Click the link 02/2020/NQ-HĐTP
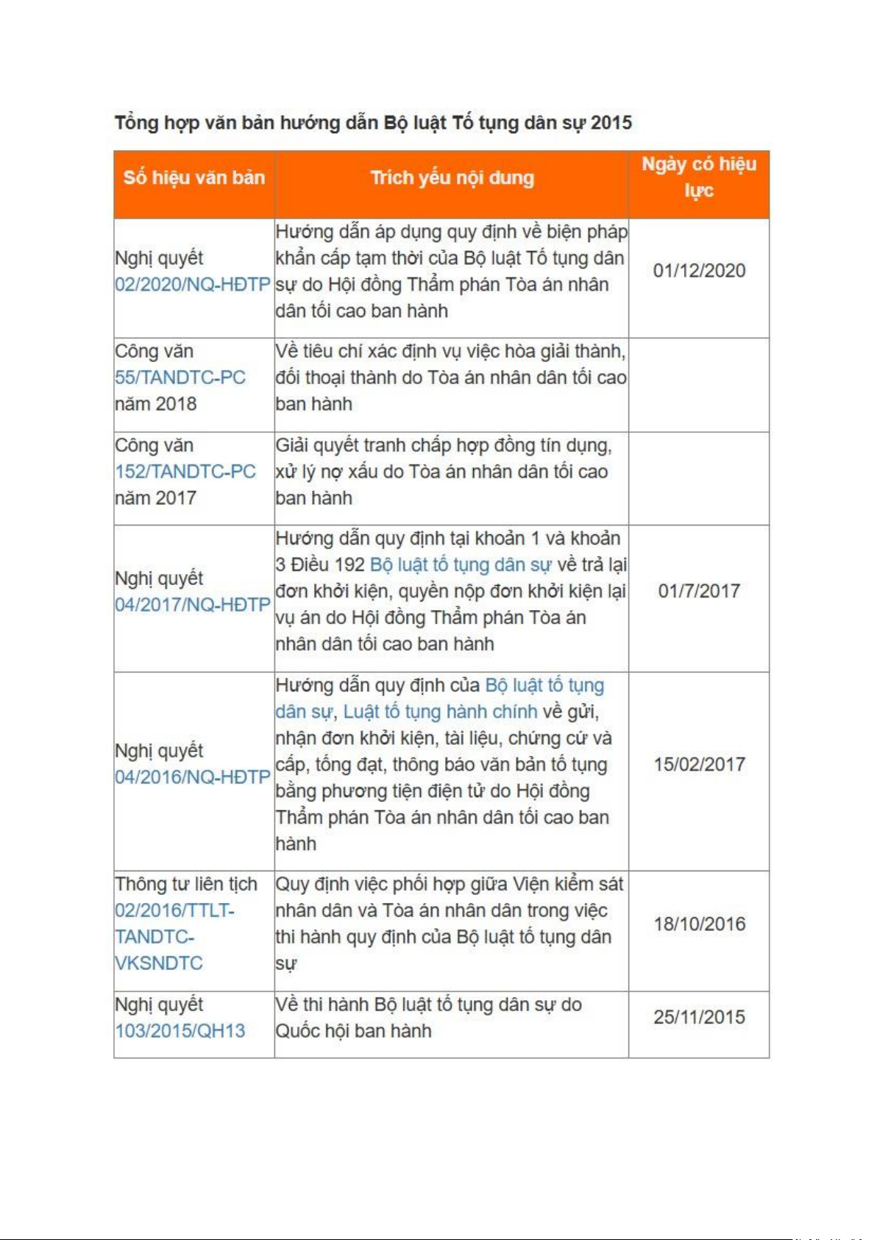tap(192, 284)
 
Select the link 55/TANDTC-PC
tap(180, 378)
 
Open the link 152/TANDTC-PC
tap(185, 471)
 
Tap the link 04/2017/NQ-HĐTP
tap(192, 604)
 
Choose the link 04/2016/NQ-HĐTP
tap(192, 777)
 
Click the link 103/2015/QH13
tap(180, 1030)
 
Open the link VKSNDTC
tap(159, 963)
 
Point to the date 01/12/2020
tap(699, 271)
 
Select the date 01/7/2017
tap(699, 591)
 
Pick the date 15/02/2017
tap(699, 764)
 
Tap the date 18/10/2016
tap(699, 924)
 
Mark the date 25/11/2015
tap(699, 1017)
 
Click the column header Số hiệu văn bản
tap(194, 177)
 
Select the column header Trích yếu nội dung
tap(452, 177)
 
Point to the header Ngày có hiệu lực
tap(699, 177)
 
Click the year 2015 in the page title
tap(611, 122)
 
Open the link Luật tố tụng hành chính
tap(440, 712)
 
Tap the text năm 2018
tap(156, 404)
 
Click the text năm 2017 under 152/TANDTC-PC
tap(156, 497)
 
